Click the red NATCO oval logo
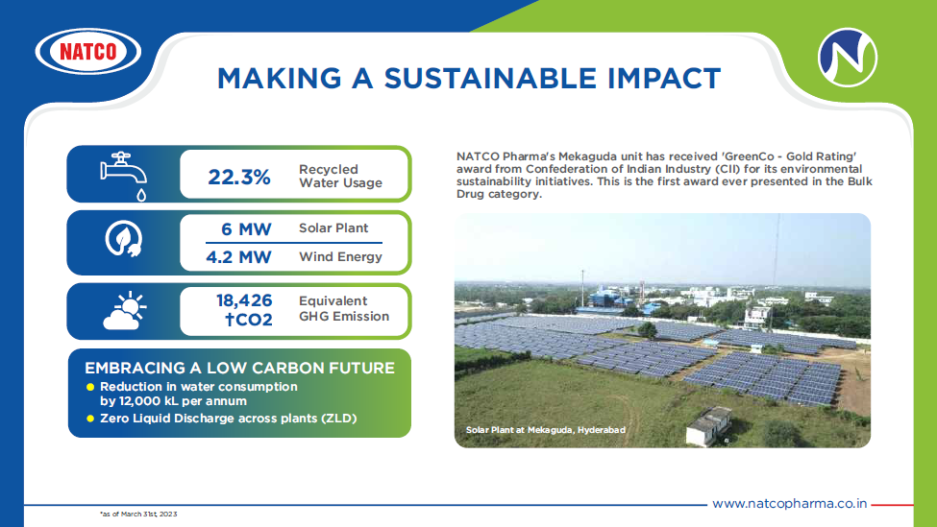tap(88, 51)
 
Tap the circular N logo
tap(848, 58)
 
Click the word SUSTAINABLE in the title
tap(490, 79)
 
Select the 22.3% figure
tap(239, 177)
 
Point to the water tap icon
tap(124, 176)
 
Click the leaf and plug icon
tap(124, 239)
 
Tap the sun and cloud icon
tap(124, 310)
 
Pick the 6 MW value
tap(246, 229)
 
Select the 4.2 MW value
tap(238, 257)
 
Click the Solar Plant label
tap(333, 228)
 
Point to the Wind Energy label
tap(340, 256)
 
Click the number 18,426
tap(244, 300)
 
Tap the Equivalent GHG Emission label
tap(344, 308)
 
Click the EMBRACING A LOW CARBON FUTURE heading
tap(239, 368)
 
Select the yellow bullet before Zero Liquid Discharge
tap(90, 419)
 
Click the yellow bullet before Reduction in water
tap(90, 387)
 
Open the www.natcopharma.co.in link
tap(789, 504)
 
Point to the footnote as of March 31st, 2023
tap(138, 514)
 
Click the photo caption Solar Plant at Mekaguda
tap(546, 430)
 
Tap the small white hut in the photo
tap(708, 426)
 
